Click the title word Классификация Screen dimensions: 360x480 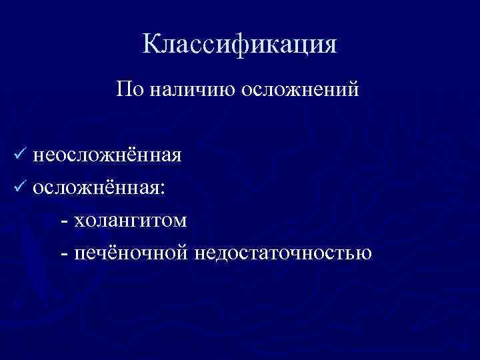click(240, 45)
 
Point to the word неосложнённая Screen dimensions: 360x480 click(107, 155)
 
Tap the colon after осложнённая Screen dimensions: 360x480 click(158, 189)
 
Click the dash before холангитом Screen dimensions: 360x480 click(64, 221)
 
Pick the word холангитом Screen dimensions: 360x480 click(131, 221)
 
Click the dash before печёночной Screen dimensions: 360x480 click(64, 253)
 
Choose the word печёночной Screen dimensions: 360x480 click(133, 253)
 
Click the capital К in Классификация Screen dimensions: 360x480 click(151, 45)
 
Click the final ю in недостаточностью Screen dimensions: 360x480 click(364, 254)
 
